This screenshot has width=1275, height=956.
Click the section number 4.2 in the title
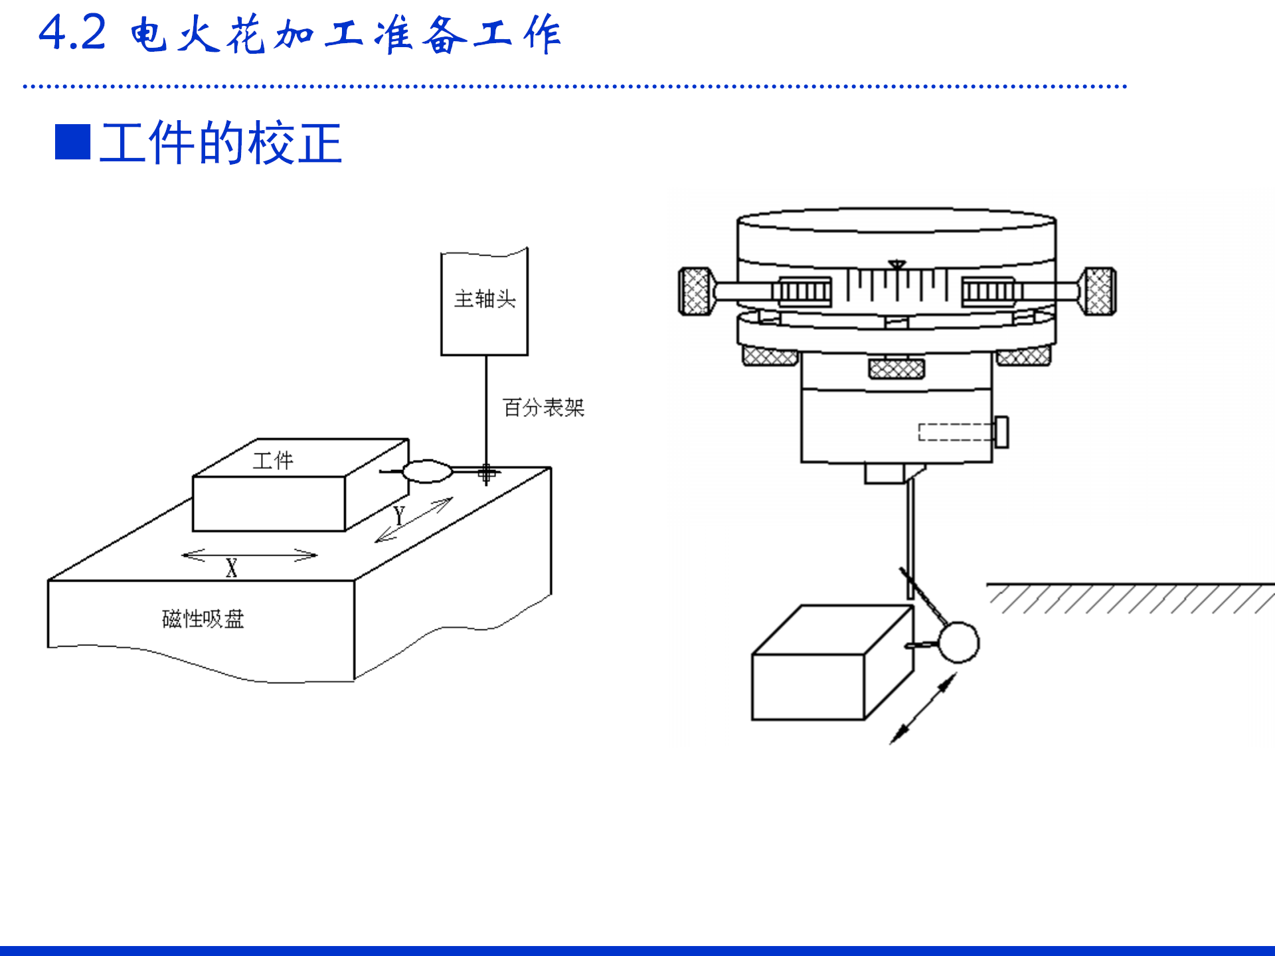72,33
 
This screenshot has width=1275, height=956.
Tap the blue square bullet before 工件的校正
72,142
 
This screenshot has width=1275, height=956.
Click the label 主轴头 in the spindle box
485,299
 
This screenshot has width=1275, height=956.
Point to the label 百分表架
543,407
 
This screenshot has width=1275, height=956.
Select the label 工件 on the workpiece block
273,460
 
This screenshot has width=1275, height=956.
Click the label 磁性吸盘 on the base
203,619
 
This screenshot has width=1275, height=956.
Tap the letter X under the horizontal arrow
231,568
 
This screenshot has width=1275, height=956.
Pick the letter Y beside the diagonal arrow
398,515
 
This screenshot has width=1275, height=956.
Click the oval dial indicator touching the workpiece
427,471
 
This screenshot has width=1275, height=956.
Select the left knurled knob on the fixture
696,291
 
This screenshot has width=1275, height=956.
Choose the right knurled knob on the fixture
1099,291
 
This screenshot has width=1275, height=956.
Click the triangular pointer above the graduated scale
897,265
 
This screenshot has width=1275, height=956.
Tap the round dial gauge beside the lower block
958,642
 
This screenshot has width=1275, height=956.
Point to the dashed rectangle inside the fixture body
956,432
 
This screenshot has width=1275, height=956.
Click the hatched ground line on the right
1129,597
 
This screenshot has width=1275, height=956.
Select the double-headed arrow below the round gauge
923,708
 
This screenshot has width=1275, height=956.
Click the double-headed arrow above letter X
250,554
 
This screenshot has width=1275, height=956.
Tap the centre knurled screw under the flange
896,368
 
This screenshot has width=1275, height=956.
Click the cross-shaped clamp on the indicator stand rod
487,473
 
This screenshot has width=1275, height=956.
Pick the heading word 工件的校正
220,143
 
